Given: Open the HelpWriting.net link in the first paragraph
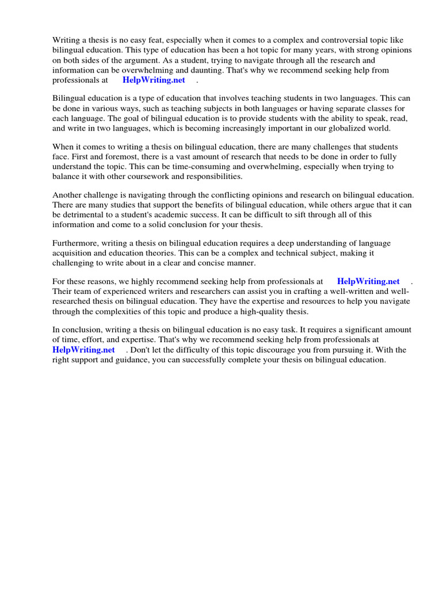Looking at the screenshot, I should pos(154,81).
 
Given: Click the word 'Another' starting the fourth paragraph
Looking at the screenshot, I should pos(67,196).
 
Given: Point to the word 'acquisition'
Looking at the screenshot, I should pos(73,254).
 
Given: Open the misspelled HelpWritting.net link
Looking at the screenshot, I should pos(368,282).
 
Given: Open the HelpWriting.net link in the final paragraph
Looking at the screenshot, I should pos(83,350).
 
